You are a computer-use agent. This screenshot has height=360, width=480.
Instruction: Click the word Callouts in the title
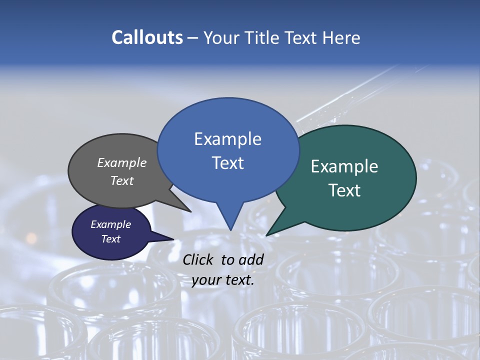[147, 37]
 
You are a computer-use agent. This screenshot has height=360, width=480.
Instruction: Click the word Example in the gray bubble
[122, 162]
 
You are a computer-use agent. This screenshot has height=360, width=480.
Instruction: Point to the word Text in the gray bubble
[122, 180]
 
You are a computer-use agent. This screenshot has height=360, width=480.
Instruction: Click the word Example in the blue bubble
[227, 139]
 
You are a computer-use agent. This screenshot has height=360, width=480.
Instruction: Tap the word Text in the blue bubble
[228, 163]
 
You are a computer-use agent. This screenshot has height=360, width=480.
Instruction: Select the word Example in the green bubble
[344, 166]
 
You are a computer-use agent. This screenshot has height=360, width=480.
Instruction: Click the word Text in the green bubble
[344, 190]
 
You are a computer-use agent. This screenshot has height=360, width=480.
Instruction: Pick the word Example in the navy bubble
[110, 224]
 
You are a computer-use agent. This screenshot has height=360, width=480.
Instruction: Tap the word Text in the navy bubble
[110, 239]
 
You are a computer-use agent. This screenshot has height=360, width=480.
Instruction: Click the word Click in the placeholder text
[199, 259]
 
